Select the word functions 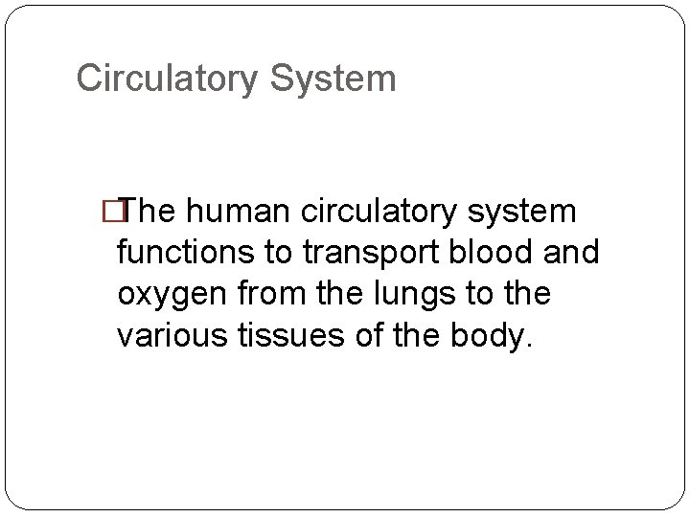182,253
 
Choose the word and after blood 570,253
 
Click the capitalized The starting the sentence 157,211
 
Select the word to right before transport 281,253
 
